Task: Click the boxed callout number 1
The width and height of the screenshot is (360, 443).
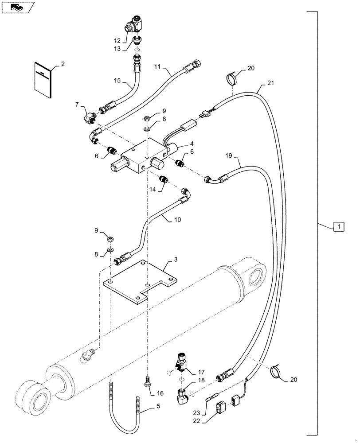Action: [x=338, y=227]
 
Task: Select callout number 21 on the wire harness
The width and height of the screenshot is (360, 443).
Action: [x=270, y=83]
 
